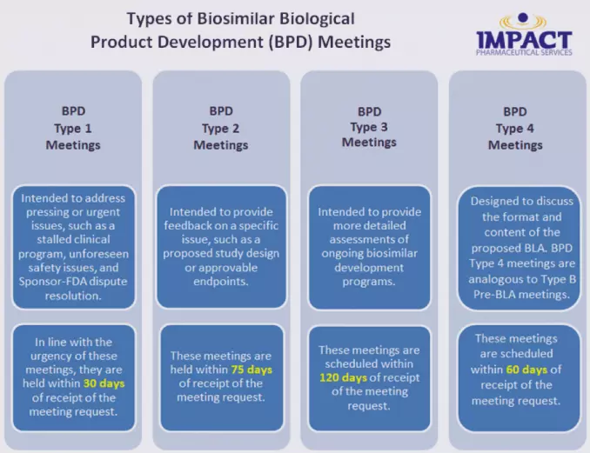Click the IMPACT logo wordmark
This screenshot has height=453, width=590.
coord(524,39)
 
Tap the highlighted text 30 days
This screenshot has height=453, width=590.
coord(104,383)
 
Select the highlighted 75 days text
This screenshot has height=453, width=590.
coord(251,370)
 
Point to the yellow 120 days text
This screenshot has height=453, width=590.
coord(343,377)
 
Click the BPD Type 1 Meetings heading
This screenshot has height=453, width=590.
coord(73,128)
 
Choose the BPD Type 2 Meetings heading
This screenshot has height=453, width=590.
coord(221,128)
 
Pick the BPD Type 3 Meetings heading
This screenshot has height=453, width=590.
coord(369,127)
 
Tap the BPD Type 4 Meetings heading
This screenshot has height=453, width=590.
coord(515,128)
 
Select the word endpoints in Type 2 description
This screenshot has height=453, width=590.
coord(221,282)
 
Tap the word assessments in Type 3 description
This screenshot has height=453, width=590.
coord(369,239)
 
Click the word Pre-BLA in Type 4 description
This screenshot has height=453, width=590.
coord(494,295)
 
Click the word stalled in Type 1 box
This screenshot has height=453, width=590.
coord(55,239)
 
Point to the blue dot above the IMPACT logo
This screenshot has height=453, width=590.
coord(523,17)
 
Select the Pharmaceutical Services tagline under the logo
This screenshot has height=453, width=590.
coord(524,52)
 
